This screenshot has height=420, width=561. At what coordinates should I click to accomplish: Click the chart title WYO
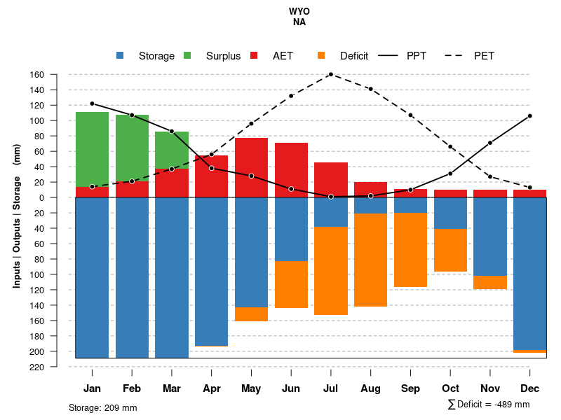click(299, 12)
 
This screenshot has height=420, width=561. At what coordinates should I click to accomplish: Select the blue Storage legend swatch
click(120, 56)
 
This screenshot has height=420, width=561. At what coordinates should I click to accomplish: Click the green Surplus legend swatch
click(187, 56)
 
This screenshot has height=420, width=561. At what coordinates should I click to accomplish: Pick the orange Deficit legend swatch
click(321, 56)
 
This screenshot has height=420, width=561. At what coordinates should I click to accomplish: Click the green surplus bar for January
click(92, 149)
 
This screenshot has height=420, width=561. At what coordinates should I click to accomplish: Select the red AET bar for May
click(251, 167)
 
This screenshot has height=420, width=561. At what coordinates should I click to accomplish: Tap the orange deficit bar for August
click(370, 260)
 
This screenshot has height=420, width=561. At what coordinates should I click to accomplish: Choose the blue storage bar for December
click(530, 273)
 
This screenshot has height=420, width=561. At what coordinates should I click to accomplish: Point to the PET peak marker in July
click(330, 74)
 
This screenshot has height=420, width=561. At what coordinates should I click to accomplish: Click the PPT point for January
click(92, 104)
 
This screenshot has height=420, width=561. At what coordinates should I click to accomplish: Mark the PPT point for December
click(530, 115)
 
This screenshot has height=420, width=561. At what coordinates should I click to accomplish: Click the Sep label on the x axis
click(411, 388)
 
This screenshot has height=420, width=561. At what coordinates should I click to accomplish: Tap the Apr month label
click(212, 388)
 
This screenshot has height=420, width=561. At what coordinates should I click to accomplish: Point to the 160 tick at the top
click(57, 75)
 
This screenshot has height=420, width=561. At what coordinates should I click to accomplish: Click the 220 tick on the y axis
click(57, 367)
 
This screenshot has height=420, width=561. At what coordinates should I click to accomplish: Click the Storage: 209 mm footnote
click(103, 407)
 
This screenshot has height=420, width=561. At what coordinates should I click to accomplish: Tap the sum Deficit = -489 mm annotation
click(489, 405)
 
